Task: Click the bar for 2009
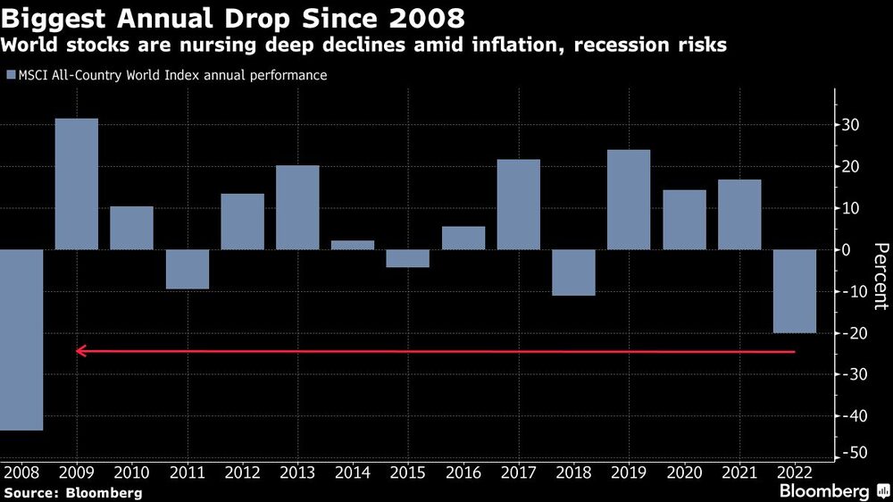[x=77, y=184]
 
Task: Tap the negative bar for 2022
[x=795, y=291]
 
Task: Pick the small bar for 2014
[x=353, y=245]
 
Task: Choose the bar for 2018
[x=573, y=272]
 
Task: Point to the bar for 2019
[x=629, y=199]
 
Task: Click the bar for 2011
[x=188, y=269]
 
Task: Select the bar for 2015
[x=408, y=258]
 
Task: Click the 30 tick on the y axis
[x=852, y=125]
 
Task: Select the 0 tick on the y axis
[x=848, y=250]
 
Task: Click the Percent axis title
[x=880, y=276]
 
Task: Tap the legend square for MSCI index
[x=11, y=76]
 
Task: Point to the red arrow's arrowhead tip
[x=77, y=351]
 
